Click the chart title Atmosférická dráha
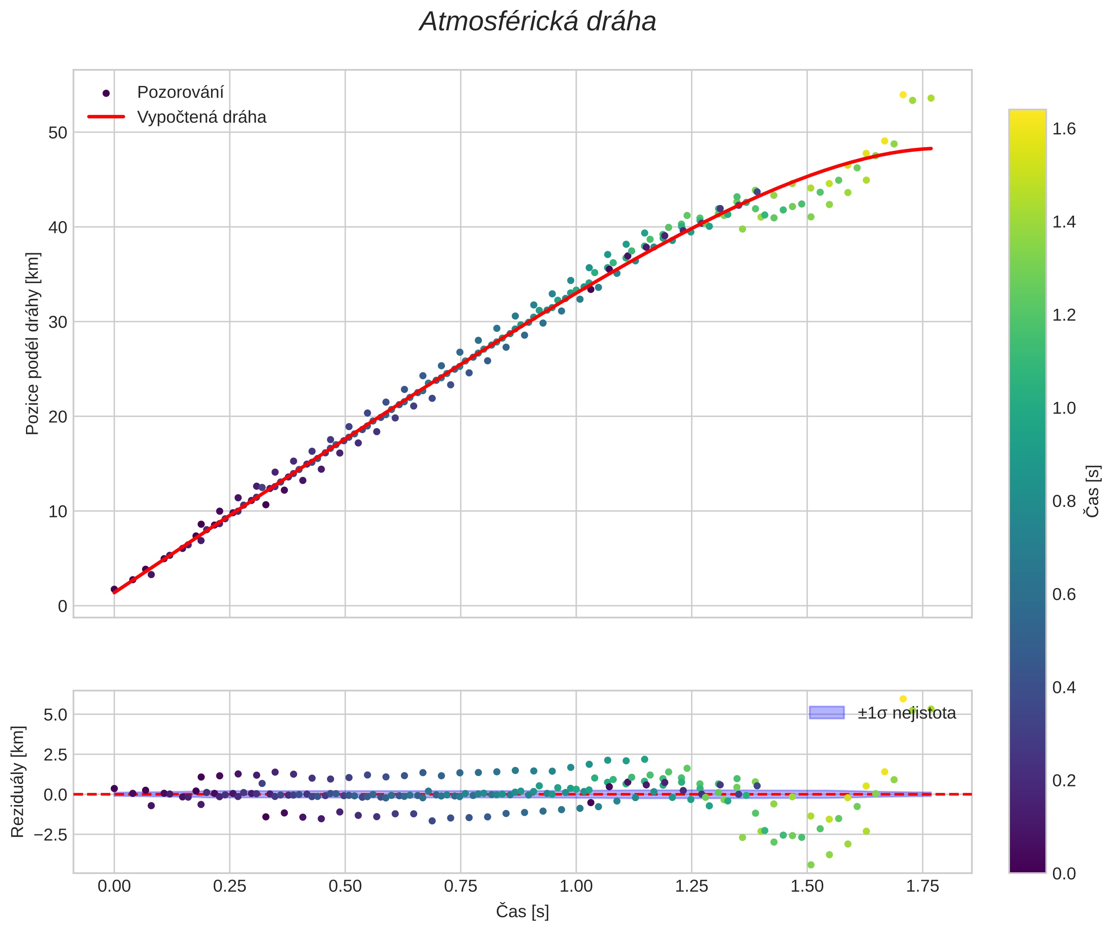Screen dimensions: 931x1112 point(537,22)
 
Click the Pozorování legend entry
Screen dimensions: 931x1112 point(180,93)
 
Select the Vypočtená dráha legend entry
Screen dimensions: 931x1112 point(201,117)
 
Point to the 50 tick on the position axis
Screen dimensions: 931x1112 point(58,132)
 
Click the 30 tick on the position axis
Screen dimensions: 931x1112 point(58,322)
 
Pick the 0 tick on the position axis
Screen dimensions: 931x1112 point(62,606)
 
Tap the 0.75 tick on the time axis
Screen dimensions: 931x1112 point(460,886)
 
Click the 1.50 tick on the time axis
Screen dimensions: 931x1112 point(807,886)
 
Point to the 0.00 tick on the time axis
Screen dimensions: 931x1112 point(114,886)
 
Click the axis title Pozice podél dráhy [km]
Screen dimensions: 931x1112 point(32,343)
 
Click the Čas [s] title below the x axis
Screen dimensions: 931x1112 point(522,912)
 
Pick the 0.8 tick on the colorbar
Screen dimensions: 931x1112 point(1063,501)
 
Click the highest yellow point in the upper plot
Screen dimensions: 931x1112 point(903,95)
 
